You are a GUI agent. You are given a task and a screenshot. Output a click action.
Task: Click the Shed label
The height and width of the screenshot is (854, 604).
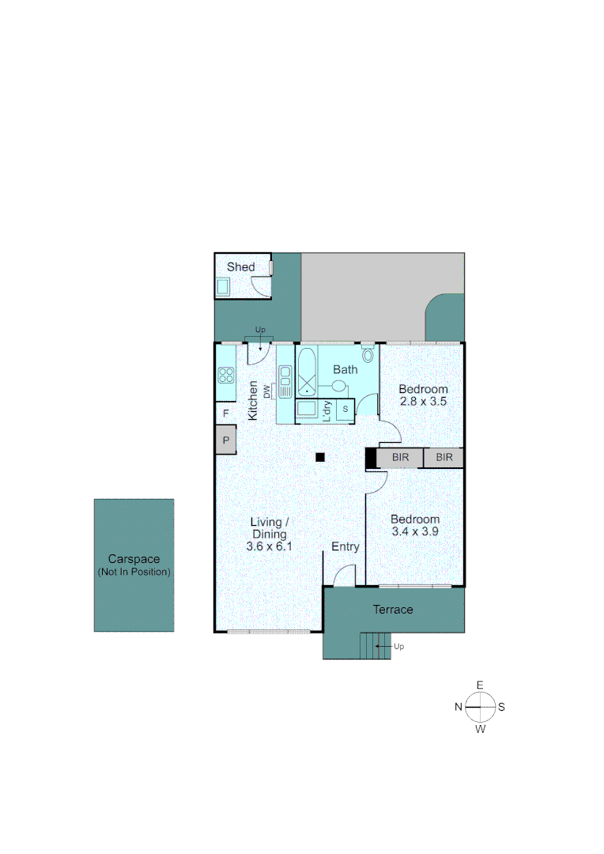(x=241, y=267)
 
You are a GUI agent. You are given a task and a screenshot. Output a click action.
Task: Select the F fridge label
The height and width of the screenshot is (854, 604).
(x=225, y=414)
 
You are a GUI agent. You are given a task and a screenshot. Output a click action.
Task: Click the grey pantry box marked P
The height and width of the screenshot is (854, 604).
(x=226, y=440)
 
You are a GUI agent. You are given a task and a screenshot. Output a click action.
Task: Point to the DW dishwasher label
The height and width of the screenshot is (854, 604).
(x=267, y=391)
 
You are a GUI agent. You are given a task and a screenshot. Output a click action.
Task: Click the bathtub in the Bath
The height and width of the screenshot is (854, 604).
(x=306, y=375)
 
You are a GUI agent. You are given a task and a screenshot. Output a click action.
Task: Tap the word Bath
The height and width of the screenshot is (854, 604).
(x=345, y=369)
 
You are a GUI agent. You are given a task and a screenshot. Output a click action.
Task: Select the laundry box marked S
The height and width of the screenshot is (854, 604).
(x=345, y=410)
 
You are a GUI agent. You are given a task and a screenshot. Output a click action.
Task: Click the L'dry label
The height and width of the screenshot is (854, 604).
(x=327, y=411)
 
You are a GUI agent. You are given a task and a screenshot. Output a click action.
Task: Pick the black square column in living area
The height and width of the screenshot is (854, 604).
(x=320, y=457)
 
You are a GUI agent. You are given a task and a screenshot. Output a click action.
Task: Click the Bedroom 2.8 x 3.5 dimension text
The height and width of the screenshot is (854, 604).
(x=423, y=402)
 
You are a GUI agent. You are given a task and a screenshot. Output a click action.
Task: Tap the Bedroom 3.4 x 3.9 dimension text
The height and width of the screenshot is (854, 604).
(x=415, y=532)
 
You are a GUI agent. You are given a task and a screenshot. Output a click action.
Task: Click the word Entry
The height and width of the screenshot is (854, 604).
(x=345, y=546)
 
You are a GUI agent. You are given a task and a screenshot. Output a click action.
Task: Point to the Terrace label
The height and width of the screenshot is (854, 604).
(x=393, y=610)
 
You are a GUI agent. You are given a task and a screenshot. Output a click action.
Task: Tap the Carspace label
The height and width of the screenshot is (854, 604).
(x=134, y=559)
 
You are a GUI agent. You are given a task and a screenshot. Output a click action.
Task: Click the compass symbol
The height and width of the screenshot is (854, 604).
(x=480, y=707)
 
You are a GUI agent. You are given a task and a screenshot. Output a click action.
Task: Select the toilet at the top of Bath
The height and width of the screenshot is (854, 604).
(x=368, y=354)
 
